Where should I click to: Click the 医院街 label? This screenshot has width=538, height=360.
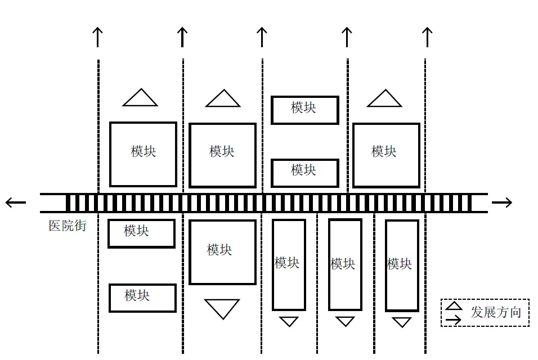(68, 226)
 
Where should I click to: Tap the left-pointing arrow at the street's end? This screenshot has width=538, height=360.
(15, 202)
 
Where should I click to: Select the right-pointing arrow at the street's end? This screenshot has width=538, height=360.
(502, 202)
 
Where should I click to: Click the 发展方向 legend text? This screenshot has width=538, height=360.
(496, 313)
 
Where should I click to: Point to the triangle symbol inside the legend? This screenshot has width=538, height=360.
(454, 306)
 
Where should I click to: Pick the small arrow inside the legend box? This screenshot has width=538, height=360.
(454, 319)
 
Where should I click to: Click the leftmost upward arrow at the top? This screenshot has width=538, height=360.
(98, 37)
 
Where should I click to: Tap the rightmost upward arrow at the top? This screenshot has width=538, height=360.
(427, 37)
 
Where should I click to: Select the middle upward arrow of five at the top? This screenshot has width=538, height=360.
(262, 37)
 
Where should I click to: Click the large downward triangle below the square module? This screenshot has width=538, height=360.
(222, 308)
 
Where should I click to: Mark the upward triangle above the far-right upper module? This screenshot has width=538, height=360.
(384, 99)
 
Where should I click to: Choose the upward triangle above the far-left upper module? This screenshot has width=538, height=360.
(140, 98)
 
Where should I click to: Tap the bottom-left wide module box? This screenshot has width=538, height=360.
(142, 298)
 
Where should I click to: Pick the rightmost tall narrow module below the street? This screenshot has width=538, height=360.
(402, 265)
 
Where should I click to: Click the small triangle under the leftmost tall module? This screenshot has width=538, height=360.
(289, 321)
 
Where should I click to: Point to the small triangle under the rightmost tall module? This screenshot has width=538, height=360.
(402, 322)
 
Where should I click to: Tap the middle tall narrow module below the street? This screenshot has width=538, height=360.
(345, 264)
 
